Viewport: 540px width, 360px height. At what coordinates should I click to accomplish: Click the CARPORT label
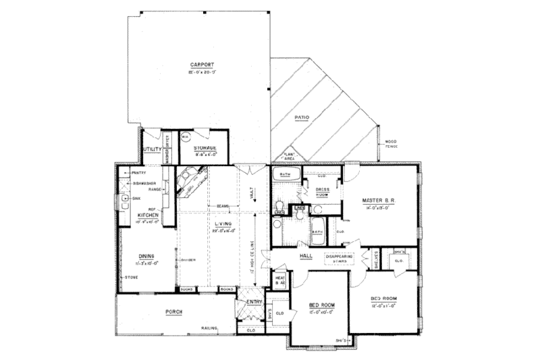pyautogui.click(x=202, y=65)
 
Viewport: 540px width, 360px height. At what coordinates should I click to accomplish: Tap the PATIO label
pyautogui.click(x=302, y=118)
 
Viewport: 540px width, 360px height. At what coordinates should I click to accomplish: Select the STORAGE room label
pyautogui.click(x=205, y=147)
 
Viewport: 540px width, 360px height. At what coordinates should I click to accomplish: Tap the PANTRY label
pyautogui.click(x=139, y=173)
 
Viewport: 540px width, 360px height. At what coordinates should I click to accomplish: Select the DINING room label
pyautogui.click(x=147, y=256)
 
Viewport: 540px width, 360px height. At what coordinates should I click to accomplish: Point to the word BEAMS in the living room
pyautogui.click(x=217, y=206)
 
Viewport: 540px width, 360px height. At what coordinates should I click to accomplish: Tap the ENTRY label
pyautogui.click(x=254, y=301)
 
